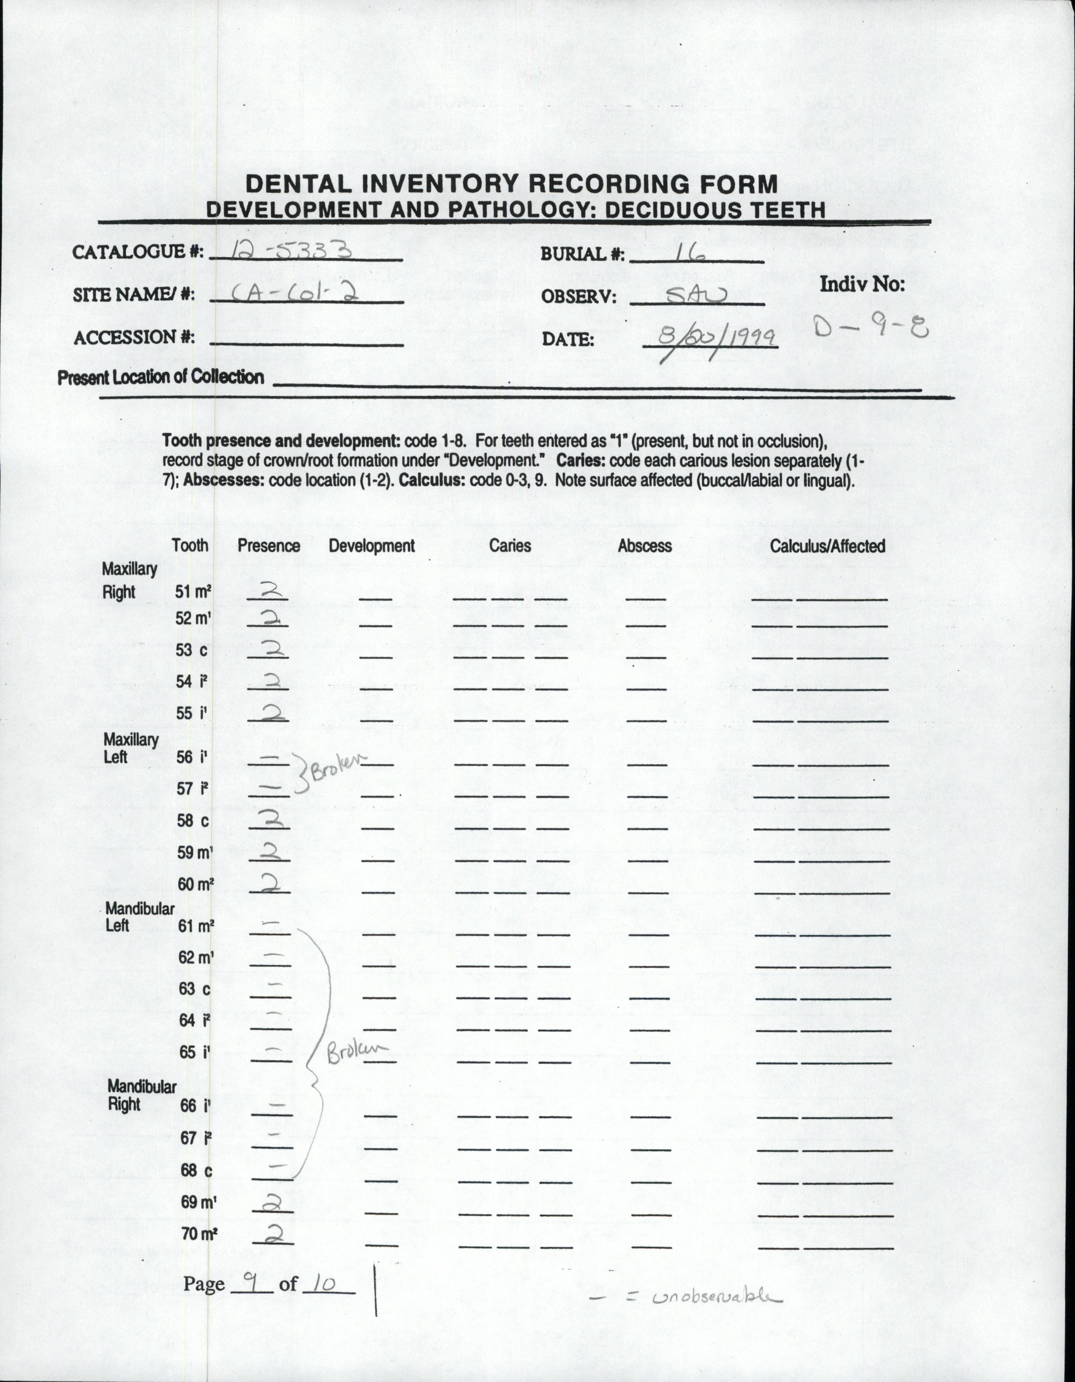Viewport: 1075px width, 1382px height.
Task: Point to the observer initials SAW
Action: [697, 294]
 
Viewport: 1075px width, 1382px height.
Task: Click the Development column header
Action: [371, 545]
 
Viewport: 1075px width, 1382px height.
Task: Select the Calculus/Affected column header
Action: [827, 545]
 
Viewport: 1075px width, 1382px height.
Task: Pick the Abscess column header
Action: [644, 545]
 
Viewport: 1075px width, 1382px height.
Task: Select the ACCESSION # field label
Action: [133, 337]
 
